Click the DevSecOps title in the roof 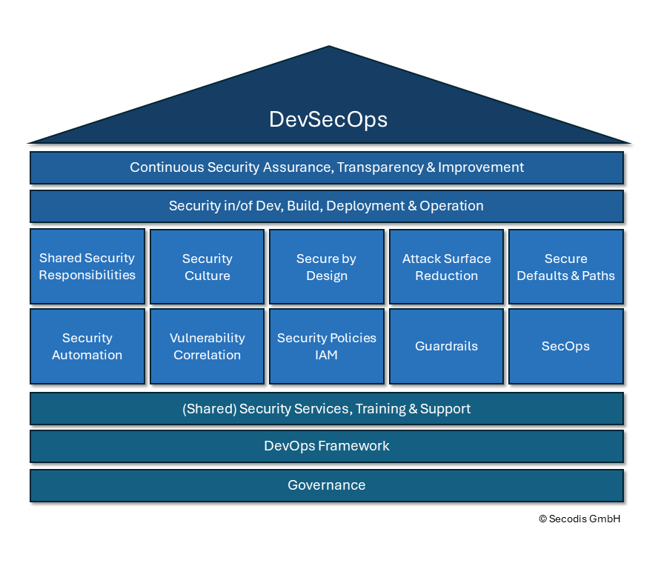(328, 119)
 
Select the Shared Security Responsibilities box (87, 267)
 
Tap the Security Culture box (207, 267)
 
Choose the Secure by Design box (327, 267)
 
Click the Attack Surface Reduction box (446, 267)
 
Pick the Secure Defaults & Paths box (565, 267)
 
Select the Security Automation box (87, 346)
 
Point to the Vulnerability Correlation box (207, 346)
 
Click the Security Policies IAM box (327, 346)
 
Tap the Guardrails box (446, 346)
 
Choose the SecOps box (565, 346)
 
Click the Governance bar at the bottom (327, 485)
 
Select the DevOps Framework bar (327, 446)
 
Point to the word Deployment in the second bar (363, 206)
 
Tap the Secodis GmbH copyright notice (579, 519)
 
